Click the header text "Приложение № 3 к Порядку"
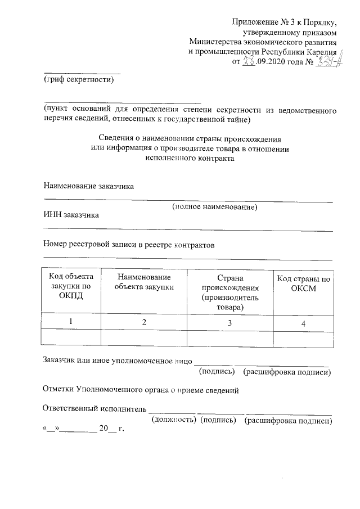coord(285,22)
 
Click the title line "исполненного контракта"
coord(190,158)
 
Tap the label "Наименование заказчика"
coord(89,186)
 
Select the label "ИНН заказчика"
coord(71,215)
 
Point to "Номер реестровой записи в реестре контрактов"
coord(129,245)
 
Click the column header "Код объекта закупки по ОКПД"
coord(71,286)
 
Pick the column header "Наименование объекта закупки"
coord(143,282)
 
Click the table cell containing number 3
coord(229,323)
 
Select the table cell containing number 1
coord(71,321)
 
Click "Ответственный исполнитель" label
coord(94,409)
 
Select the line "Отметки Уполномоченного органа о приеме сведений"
coord(141,390)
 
